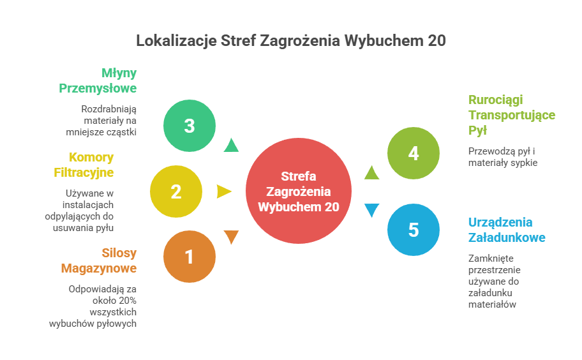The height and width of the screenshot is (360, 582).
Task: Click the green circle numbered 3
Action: tap(189, 126)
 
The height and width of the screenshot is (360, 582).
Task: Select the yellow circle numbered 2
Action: tap(176, 191)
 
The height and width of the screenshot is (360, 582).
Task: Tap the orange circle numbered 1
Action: tap(189, 257)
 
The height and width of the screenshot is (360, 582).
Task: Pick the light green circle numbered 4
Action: tap(414, 154)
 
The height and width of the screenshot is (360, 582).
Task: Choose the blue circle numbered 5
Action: tap(414, 230)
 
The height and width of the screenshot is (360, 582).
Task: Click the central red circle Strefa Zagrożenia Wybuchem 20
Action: tap(298, 191)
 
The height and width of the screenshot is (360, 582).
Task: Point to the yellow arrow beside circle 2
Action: tap(223, 191)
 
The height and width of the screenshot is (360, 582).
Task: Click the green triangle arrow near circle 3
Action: tap(231, 146)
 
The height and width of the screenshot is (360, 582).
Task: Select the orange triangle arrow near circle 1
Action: tap(231, 237)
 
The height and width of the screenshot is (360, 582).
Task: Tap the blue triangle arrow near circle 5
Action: tap(371, 210)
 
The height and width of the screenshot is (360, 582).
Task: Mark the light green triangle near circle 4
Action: tap(371, 172)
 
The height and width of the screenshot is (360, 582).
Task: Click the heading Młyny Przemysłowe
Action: tap(99, 80)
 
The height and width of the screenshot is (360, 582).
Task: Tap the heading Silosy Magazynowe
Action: tap(99, 260)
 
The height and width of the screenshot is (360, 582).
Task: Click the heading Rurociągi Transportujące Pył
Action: tap(511, 115)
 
